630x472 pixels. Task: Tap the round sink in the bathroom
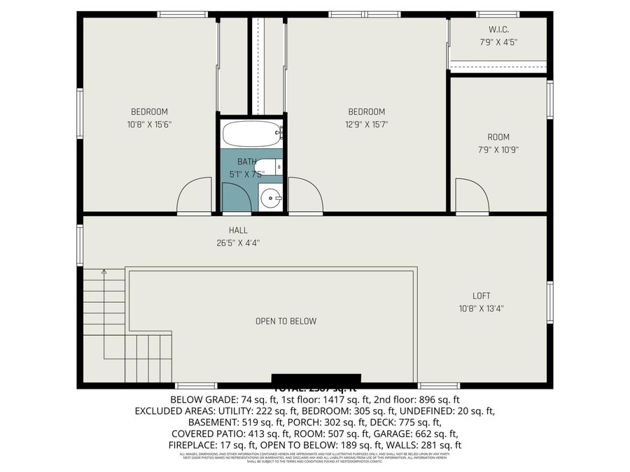coord(270,199)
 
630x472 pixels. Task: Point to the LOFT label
coord(481,296)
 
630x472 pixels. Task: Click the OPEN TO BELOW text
coord(286,322)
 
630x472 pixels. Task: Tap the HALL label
coord(238,230)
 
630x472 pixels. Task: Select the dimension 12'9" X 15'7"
coord(367,124)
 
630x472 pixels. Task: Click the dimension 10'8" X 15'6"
coord(149,124)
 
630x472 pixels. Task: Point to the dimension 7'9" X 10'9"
coord(498,149)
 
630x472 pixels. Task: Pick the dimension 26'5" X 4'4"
coord(238,243)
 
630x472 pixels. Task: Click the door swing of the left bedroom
coord(196,197)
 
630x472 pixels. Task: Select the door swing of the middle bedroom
coord(304,197)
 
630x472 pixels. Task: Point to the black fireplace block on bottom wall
coord(316,378)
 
